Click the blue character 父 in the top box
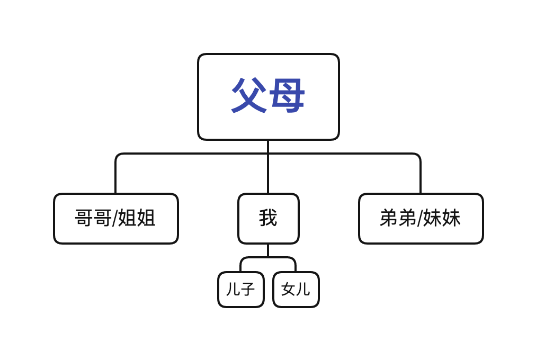249,96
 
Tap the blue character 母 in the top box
287,96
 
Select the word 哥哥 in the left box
93,218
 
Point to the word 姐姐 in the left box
137,218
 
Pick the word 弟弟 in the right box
398,218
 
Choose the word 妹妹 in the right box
442,218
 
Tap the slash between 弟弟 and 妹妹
419,218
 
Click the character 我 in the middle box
268,218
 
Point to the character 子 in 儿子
248,289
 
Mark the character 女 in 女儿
288,289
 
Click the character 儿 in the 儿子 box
233,289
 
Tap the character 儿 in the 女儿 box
303,289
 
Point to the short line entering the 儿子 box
240,266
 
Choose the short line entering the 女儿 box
296,266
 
